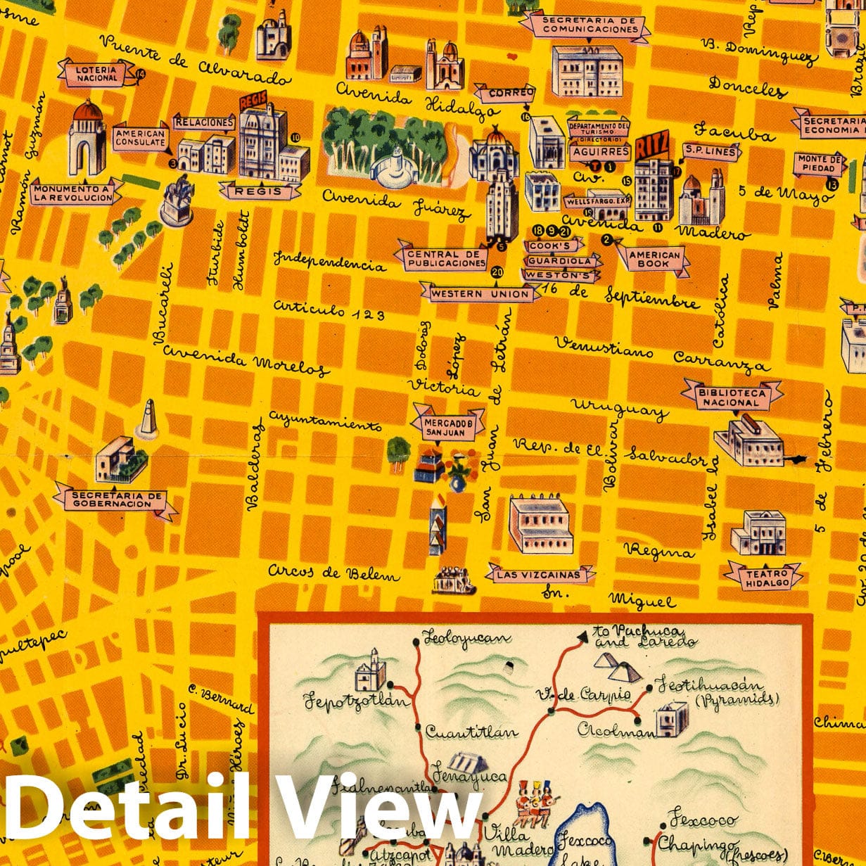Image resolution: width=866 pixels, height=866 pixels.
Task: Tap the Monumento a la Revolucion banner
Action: click(x=72, y=193)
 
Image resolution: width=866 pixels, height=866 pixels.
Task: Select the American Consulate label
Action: click(x=140, y=138)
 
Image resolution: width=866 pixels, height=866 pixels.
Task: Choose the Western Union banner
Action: click(x=481, y=293)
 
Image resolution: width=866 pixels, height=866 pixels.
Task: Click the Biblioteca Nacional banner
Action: click(x=732, y=397)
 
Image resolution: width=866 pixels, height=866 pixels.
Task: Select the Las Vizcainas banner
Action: click(x=539, y=575)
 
